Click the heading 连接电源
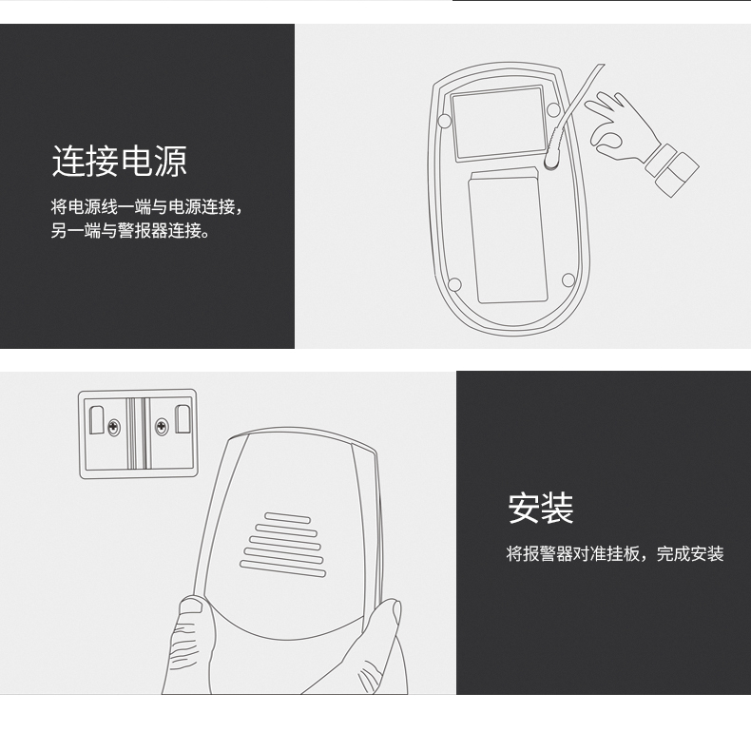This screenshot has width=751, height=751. pyautogui.click(x=119, y=162)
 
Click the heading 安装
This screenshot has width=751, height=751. pyautogui.click(x=541, y=508)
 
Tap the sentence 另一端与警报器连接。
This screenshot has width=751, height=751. pyautogui.click(x=130, y=230)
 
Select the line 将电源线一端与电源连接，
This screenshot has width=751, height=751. pyautogui.click(x=147, y=206)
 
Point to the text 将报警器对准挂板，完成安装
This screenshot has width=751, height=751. pyautogui.click(x=615, y=553)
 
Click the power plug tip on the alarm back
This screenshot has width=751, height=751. pyautogui.click(x=550, y=163)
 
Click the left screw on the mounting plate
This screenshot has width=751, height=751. pyautogui.click(x=114, y=426)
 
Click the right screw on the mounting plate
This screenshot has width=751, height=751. pyautogui.click(x=162, y=425)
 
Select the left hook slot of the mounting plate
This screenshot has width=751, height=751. pyautogui.click(x=97, y=420)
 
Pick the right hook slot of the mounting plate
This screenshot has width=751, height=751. pyautogui.click(x=182, y=418)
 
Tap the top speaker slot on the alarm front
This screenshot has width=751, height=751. pyautogui.click(x=288, y=518)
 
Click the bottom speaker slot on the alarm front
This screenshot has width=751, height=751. pyautogui.click(x=282, y=568)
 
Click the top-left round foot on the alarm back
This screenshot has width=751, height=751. pyautogui.click(x=445, y=121)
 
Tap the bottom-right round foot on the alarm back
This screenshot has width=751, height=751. pyautogui.click(x=568, y=279)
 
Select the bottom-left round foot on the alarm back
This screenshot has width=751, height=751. pyautogui.click(x=454, y=285)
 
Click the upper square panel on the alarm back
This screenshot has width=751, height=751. pyautogui.click(x=498, y=122)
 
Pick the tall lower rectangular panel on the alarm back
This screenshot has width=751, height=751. pyautogui.click(x=508, y=235)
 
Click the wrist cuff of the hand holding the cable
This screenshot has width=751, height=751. pyautogui.click(x=672, y=169)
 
